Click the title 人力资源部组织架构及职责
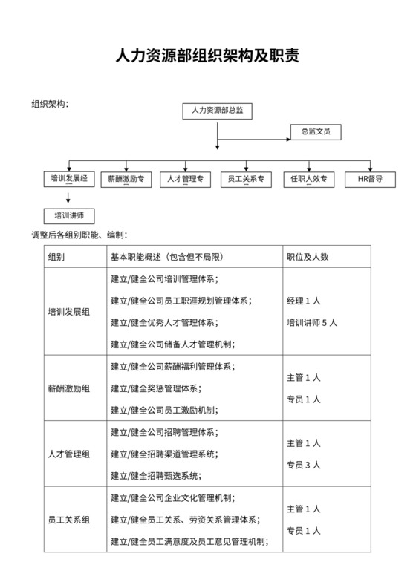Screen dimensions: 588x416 tap(207, 56)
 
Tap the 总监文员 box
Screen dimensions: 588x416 tap(315, 132)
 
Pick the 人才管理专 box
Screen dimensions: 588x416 tap(186, 180)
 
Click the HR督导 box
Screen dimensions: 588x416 tap(370, 180)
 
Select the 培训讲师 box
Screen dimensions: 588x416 tap(69, 216)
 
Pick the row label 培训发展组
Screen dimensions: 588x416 tap(69, 312)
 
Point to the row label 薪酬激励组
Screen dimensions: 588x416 tap(69, 388)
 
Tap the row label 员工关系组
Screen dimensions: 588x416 tap(69, 520)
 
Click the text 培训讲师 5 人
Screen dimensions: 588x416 tap(312, 323)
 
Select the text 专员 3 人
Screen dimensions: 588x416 tap(303, 465)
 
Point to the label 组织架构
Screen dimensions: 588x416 tap(50, 103)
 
